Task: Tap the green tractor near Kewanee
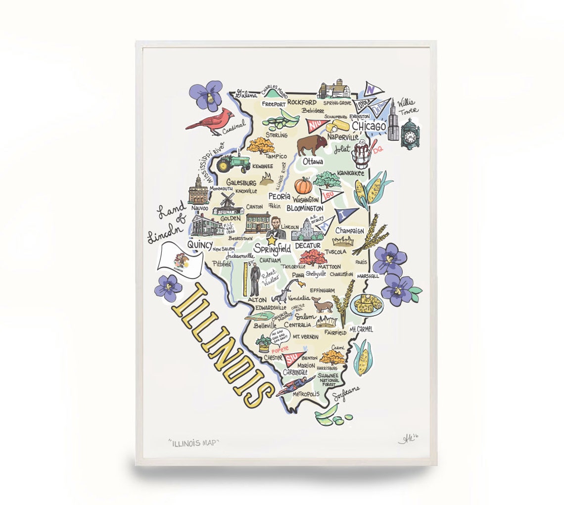[233, 162]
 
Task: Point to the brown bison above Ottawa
[312, 145]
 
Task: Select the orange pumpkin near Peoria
[303, 185]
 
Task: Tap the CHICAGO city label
[369, 127]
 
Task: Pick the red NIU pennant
[314, 126]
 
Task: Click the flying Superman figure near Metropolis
[295, 385]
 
